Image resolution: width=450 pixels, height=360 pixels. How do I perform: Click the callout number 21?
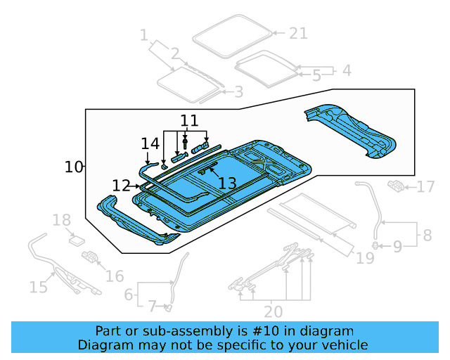coord(298,33)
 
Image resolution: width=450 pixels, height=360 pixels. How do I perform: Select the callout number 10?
coord(74,167)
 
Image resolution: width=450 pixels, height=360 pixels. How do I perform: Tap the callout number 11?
coord(189,120)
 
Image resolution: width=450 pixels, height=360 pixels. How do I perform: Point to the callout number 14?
coord(150,143)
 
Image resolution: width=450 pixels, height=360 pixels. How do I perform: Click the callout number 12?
coord(121,186)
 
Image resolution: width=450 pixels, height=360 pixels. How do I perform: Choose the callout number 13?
coord(226,184)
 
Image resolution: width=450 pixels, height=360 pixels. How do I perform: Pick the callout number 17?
coord(426,187)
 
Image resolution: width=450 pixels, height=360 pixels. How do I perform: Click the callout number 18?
coord(62,220)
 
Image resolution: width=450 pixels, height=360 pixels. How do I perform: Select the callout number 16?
coord(115,276)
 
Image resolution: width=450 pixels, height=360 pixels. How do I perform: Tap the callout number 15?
coord(38,286)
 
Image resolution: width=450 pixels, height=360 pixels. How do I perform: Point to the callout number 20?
coord(274,311)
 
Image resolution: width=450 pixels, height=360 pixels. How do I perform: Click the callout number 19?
coord(364,258)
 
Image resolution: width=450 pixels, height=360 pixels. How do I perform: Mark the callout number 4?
coord(346,70)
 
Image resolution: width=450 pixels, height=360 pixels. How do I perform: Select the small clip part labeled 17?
coord(397,186)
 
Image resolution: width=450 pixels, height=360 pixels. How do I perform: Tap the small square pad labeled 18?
coord(75,240)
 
